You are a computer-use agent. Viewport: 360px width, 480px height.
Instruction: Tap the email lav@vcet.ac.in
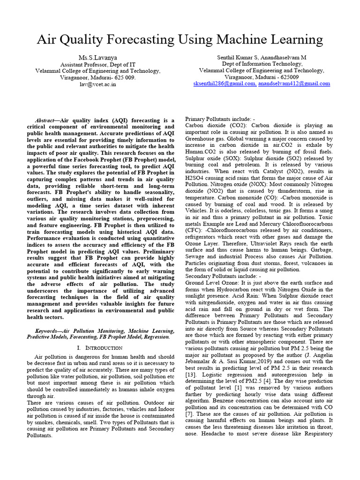(98, 84)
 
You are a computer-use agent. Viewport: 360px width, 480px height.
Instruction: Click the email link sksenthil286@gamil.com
(225, 83)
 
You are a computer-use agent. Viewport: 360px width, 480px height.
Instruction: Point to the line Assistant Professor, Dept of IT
(98, 64)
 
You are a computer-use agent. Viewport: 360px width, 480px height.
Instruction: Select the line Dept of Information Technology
(262, 64)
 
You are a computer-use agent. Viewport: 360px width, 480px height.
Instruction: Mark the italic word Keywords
(47, 330)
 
